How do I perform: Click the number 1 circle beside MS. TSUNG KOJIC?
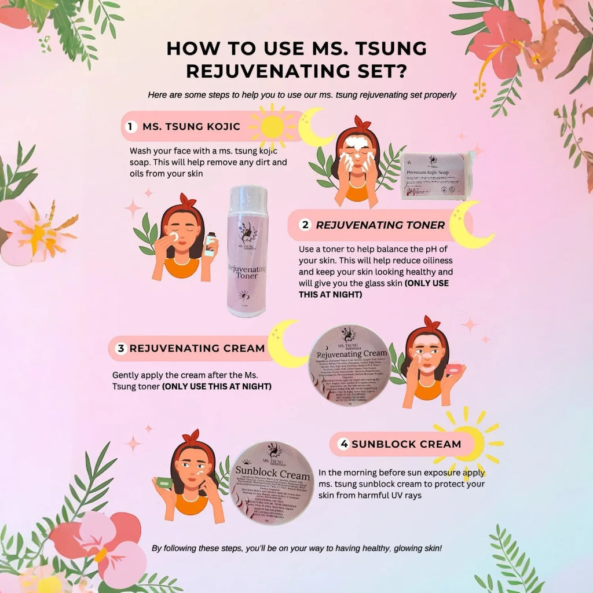point(131,126)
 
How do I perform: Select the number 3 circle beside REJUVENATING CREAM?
point(120,348)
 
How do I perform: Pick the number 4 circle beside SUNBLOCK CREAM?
point(344,444)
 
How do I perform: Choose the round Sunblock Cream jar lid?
point(272,483)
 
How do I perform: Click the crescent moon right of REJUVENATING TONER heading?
point(470,225)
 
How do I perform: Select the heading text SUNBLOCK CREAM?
point(406,444)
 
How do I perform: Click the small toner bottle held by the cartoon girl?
point(209,246)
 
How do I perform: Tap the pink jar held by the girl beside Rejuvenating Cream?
point(454,369)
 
